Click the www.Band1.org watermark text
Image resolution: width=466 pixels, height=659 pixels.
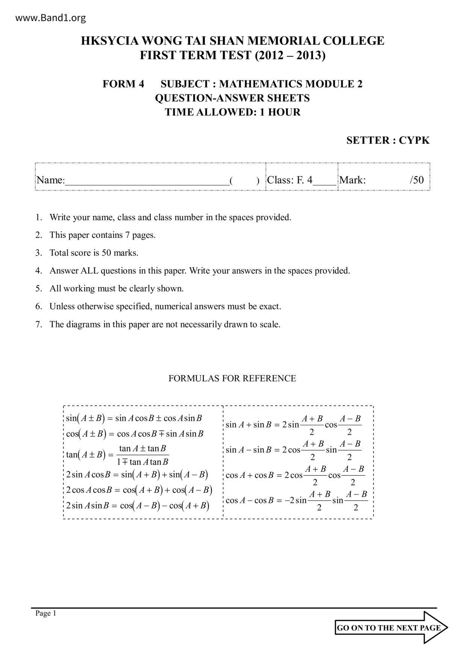point(51,18)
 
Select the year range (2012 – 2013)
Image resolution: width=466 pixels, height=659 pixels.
point(290,55)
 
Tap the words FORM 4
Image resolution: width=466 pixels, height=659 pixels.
point(123,84)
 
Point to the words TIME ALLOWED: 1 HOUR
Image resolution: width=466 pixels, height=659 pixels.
point(233,112)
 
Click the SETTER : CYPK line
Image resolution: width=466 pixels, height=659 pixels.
point(387,141)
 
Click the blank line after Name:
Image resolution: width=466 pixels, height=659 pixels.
point(147,181)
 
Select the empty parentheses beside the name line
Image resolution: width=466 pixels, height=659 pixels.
point(244,181)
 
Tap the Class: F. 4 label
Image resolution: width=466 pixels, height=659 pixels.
point(289,180)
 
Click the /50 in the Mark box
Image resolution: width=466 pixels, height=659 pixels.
point(417,180)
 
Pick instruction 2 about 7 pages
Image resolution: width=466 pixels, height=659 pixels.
point(102,235)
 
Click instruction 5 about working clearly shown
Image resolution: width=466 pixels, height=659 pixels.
point(116,289)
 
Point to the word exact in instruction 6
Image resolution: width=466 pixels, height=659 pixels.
point(270,307)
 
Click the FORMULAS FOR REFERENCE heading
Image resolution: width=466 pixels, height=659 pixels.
point(232,378)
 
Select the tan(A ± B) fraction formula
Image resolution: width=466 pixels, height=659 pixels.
point(118,455)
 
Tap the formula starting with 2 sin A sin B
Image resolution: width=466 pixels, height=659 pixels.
point(138,505)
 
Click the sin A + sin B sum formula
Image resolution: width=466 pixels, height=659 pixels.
point(293,425)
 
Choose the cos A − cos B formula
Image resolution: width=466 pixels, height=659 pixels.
point(296,500)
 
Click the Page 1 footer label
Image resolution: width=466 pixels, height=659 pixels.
point(46,613)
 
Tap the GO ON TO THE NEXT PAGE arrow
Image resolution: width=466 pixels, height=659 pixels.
point(391,627)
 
